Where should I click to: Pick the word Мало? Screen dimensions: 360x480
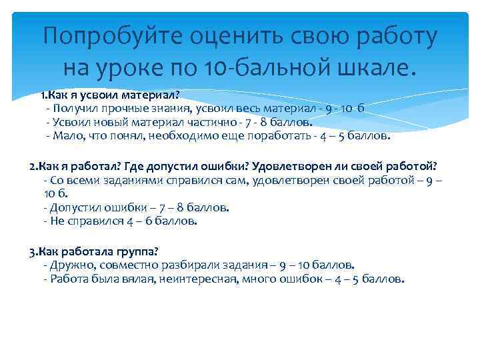point(67,136)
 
